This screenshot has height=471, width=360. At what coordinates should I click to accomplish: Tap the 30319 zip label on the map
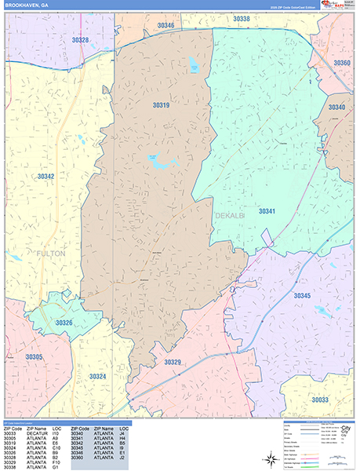pyautogui.click(x=162, y=104)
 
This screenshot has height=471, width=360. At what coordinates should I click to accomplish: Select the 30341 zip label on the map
pyautogui.click(x=268, y=211)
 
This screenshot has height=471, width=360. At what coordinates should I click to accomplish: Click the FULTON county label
pyautogui.click(x=49, y=254)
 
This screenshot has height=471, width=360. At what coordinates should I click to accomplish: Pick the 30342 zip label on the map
pyautogui.click(x=45, y=177)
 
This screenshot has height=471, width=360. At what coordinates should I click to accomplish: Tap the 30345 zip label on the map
pyautogui.click(x=303, y=296)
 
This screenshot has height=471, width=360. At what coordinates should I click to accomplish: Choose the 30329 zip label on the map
pyautogui.click(x=173, y=362)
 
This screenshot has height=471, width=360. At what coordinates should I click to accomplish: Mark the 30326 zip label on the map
pyautogui.click(x=64, y=323)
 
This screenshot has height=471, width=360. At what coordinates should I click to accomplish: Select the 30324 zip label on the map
pyautogui.click(x=97, y=377)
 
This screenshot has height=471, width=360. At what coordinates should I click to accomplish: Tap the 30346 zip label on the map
pyautogui.click(x=165, y=26)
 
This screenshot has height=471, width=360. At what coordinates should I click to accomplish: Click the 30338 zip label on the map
pyautogui.click(x=242, y=19)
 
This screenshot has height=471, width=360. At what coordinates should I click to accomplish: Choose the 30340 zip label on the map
pyautogui.click(x=336, y=108)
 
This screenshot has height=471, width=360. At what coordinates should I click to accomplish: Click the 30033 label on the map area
pyautogui.click(x=320, y=400)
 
